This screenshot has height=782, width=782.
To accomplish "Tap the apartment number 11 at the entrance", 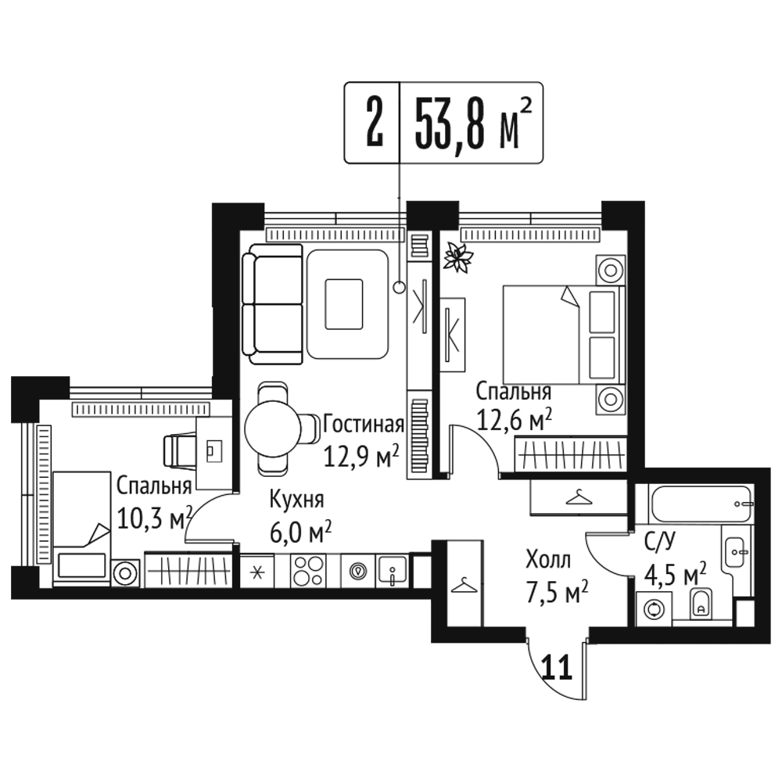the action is [557, 668].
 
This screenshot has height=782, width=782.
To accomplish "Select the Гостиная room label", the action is [364, 424].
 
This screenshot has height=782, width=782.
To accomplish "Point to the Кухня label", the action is [296, 499].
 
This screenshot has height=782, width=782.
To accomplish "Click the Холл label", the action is [548, 560].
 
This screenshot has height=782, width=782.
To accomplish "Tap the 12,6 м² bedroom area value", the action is [515, 421].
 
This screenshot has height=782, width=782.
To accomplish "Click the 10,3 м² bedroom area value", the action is [154, 519].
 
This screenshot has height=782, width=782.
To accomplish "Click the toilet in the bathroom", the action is [701, 604].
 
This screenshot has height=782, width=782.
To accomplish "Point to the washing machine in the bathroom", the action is [654, 609].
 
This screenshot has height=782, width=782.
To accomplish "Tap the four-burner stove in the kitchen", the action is [308, 571].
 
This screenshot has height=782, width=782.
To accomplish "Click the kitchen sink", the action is [393, 570].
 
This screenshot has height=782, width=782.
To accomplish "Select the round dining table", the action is [273, 428].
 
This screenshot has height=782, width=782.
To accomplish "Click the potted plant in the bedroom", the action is [458, 256].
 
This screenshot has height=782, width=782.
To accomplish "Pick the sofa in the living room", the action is [273, 304].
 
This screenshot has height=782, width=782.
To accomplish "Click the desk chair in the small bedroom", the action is [180, 450].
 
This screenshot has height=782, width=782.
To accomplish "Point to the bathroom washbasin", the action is [736, 552].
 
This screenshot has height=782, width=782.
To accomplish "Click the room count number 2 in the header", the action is [374, 122].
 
